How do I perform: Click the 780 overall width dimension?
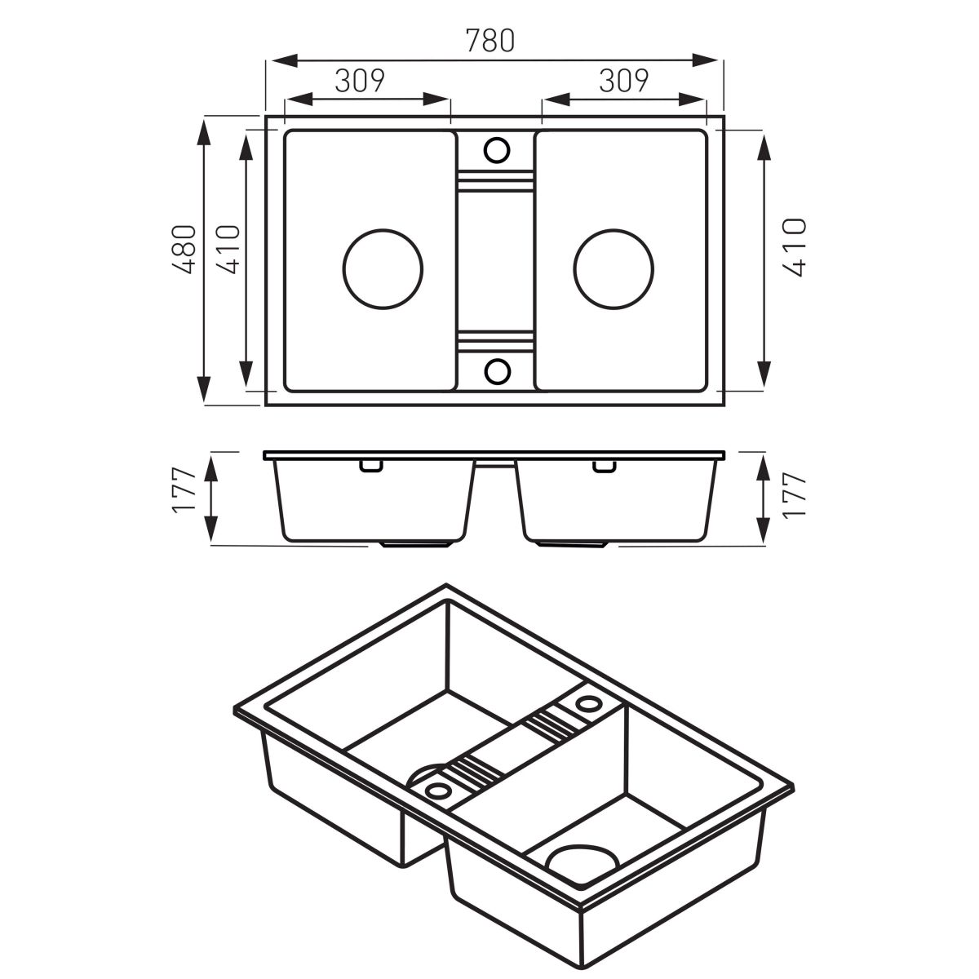click(x=489, y=41)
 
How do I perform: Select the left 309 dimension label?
click(x=361, y=80)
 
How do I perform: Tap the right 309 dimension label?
click(x=624, y=80)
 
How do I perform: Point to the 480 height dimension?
click(x=184, y=250)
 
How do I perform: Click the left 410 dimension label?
click(x=228, y=250)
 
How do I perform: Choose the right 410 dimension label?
click(x=794, y=247)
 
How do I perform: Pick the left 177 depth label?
click(x=184, y=491)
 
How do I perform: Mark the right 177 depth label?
click(x=795, y=495)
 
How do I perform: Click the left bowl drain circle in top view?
click(x=383, y=268)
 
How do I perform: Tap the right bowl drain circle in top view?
click(x=614, y=268)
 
